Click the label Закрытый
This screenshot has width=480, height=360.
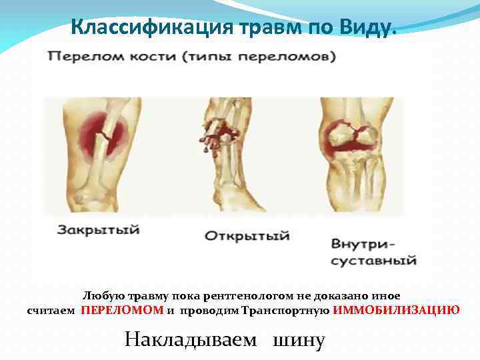tap(98, 230)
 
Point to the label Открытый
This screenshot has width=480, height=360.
tap(247, 236)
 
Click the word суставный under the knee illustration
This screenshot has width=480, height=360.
tap(373, 259)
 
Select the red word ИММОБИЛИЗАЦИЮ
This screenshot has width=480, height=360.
tap(396, 310)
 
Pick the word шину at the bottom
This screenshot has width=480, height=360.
tap(298, 340)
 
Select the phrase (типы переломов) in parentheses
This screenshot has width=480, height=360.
tap(257, 57)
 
